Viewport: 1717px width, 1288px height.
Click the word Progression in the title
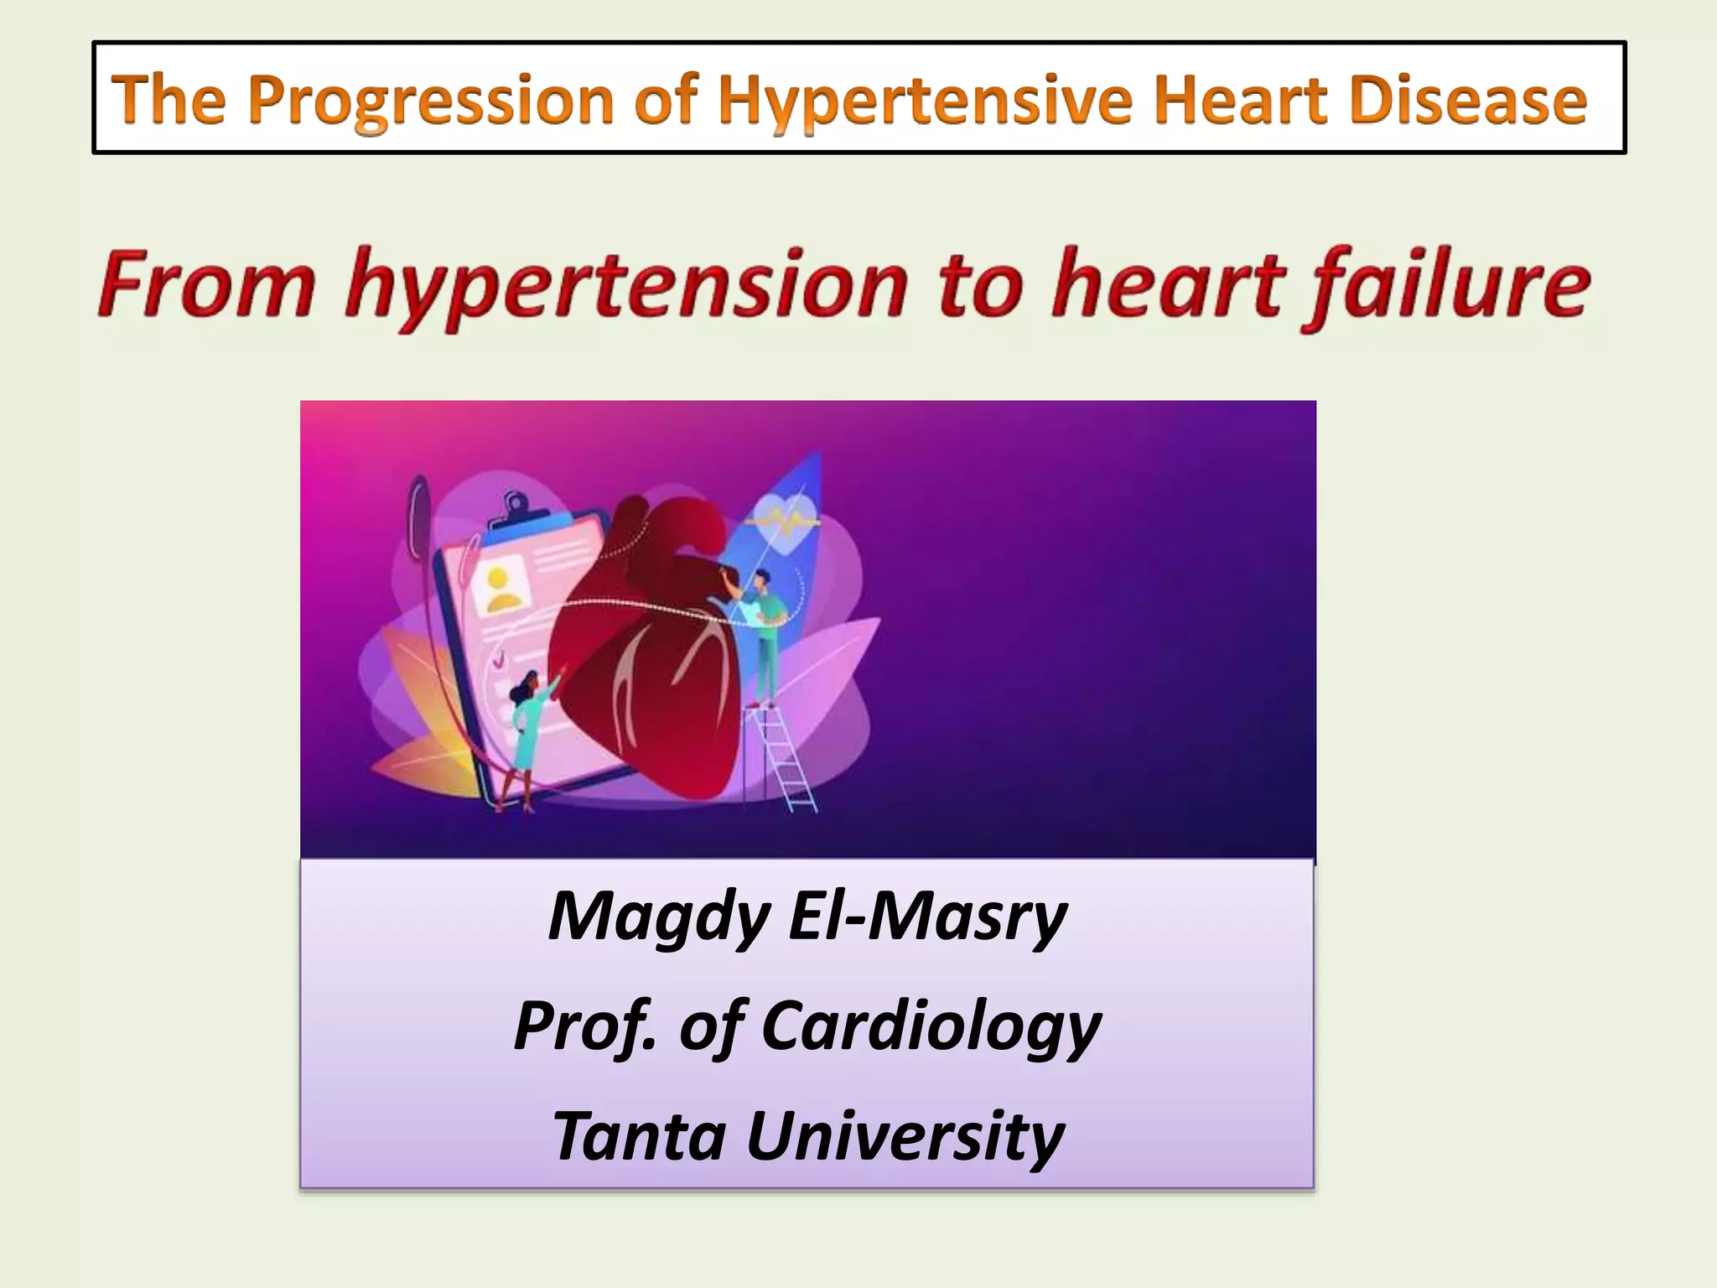click(x=432, y=101)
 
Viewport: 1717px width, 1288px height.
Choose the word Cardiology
click(x=931, y=1026)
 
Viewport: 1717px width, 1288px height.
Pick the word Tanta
click(x=639, y=1135)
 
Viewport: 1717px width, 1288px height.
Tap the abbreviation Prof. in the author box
click(x=584, y=1026)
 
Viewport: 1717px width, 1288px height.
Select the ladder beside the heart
click(x=786, y=759)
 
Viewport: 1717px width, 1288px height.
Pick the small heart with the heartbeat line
click(x=786, y=522)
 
